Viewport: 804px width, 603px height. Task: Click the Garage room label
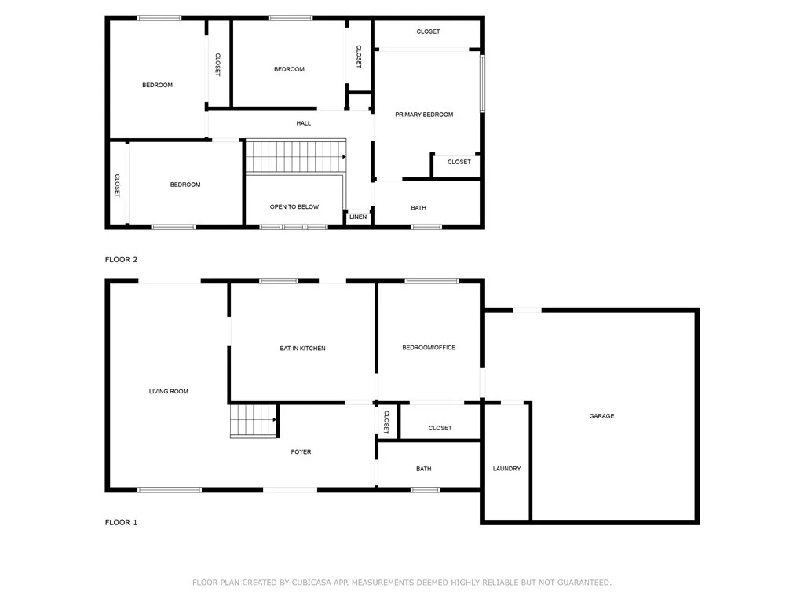[x=601, y=416]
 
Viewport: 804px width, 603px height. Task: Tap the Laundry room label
[x=506, y=469]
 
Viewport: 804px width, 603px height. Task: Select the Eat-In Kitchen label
[x=302, y=349]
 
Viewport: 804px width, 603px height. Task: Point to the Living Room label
[x=169, y=391]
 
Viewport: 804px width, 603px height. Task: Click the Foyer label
[x=301, y=452]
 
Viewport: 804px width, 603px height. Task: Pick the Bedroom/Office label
[x=429, y=348]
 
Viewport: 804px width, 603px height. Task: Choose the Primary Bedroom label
[x=424, y=115]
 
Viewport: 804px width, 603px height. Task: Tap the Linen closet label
[x=358, y=217]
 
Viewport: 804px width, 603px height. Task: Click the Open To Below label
[x=294, y=207]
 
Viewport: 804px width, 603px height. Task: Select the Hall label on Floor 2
[x=304, y=123]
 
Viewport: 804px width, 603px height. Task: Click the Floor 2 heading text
[x=122, y=259]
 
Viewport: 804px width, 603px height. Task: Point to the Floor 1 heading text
[x=122, y=522]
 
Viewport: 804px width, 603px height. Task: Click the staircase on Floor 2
[x=295, y=155]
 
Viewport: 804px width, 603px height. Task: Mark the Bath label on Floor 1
[x=424, y=469]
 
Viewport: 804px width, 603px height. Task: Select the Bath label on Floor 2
[x=418, y=208]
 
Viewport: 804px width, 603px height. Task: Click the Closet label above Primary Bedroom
[x=428, y=31]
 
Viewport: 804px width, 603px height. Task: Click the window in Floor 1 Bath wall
[x=425, y=489]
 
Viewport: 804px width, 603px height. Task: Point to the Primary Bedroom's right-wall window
[x=483, y=83]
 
